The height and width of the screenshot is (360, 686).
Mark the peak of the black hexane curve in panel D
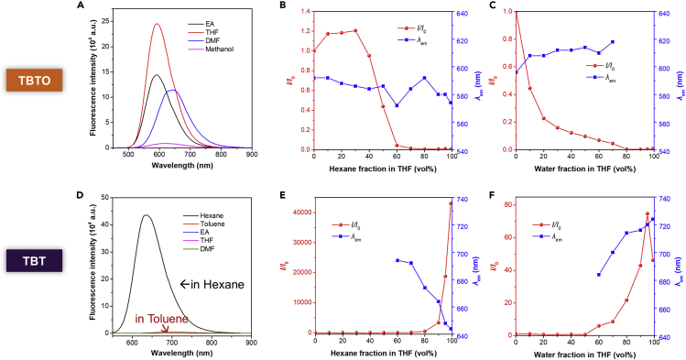pyautogui.click(x=146, y=215)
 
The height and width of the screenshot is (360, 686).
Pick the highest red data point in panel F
pyautogui.click(x=647, y=213)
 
